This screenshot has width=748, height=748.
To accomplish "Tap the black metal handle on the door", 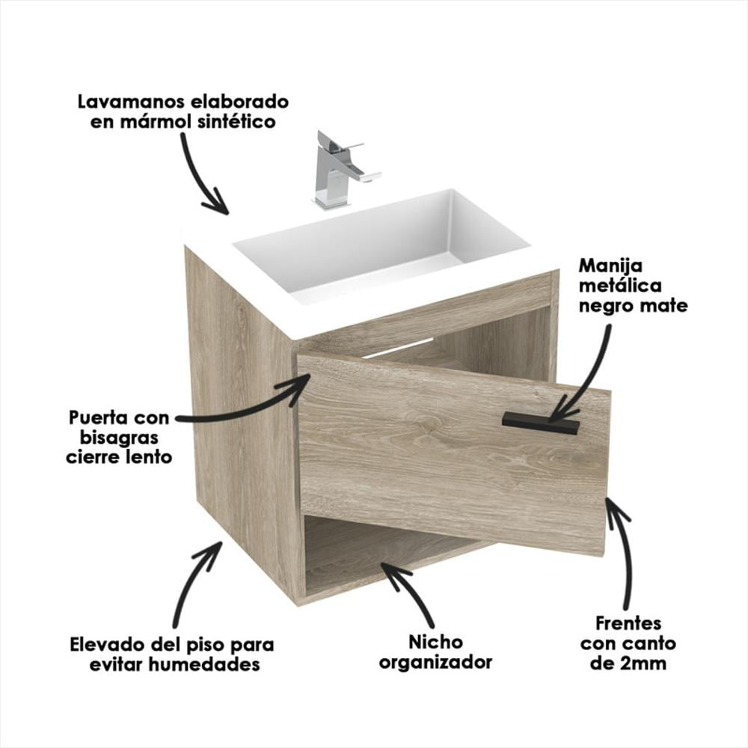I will coord(540,423).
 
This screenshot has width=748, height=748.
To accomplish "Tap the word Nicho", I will coord(435,642).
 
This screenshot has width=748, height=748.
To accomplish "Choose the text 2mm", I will coord(647,663).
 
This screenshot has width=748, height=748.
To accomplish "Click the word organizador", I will coord(435,662).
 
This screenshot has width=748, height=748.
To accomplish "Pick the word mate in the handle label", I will coord(664,305).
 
